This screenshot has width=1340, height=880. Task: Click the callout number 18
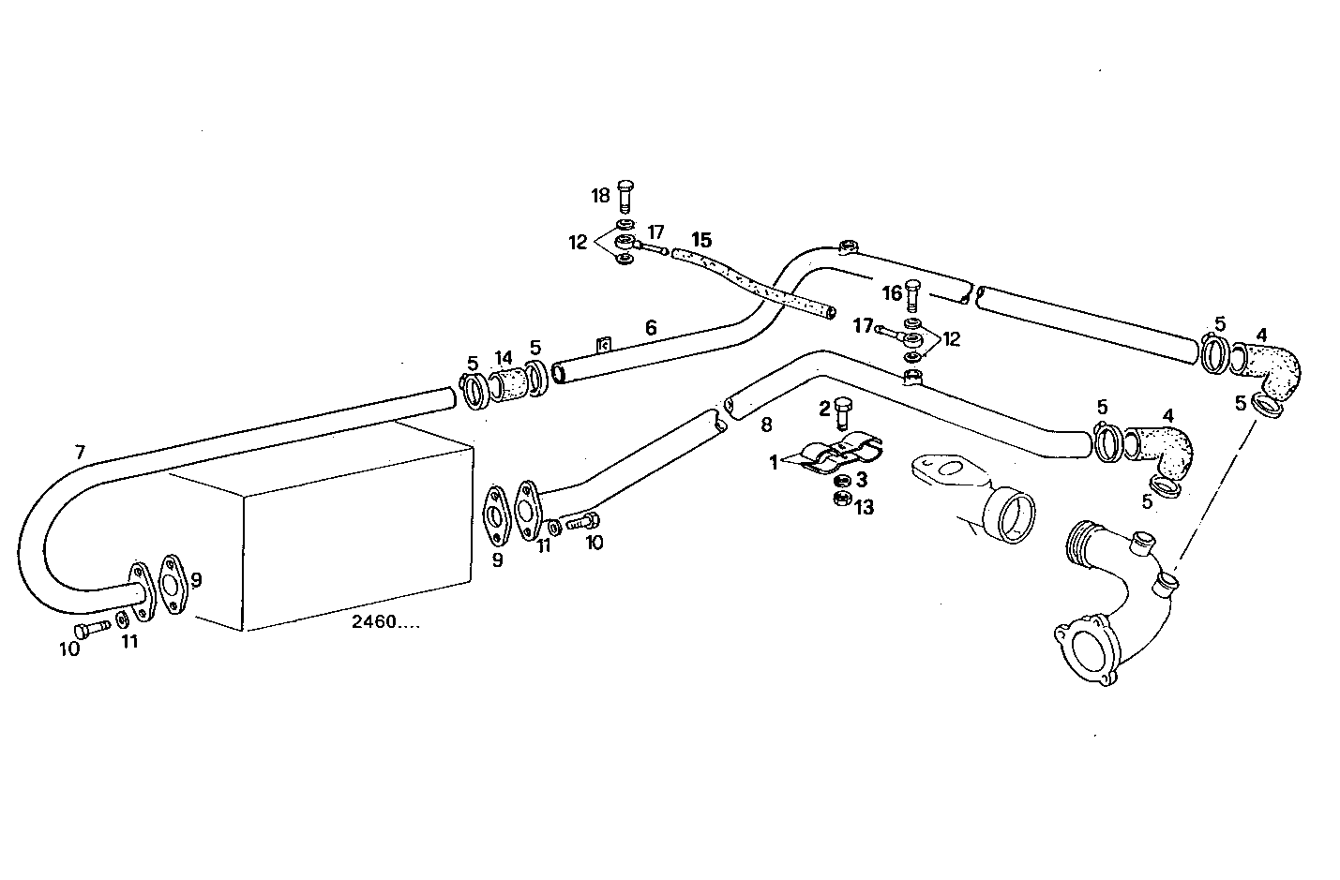coord(600,195)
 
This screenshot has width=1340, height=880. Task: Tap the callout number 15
coord(701,240)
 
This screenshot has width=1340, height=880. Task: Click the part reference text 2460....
coord(384,620)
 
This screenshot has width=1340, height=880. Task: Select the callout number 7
coord(80,452)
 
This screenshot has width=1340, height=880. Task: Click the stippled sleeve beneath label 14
coord(506,388)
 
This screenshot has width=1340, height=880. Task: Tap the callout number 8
coord(766,425)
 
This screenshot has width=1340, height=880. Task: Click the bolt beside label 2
coord(844,411)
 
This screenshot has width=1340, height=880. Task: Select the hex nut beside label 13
coord(841,500)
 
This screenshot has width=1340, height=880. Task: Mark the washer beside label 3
coord(842,481)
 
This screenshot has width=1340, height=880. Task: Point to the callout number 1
coord(774,462)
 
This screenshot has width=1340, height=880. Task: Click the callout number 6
coord(650,327)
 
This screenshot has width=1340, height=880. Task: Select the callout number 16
coord(892,293)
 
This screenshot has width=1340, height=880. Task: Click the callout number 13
coord(863,507)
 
